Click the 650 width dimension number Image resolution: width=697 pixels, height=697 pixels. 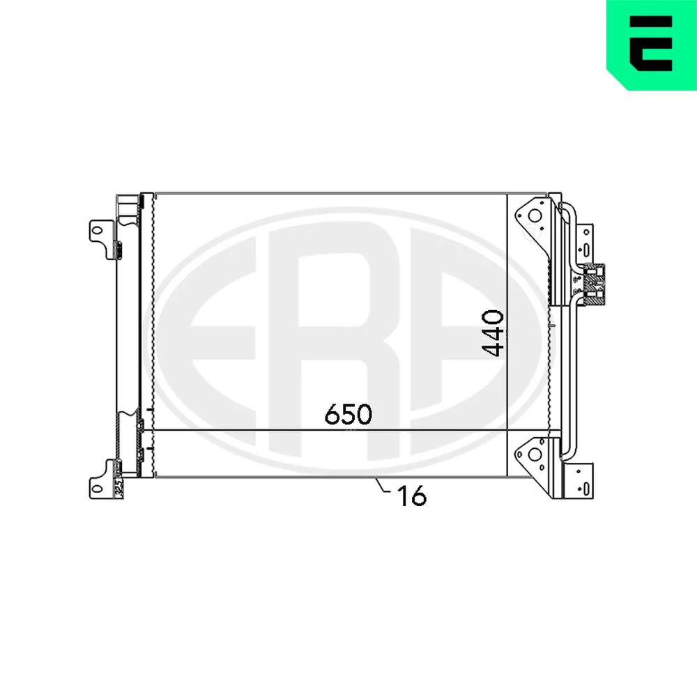coord(348,414)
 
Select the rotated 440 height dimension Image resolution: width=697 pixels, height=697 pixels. coord(493,333)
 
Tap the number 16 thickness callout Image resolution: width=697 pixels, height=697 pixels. coord(412,496)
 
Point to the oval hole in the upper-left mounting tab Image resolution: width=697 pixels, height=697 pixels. coord(96,231)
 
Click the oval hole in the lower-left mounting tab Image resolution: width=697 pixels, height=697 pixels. coord(96,489)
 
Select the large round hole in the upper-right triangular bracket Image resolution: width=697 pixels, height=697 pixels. coord(535,216)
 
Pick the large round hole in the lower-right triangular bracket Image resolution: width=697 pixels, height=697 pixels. coord(535,454)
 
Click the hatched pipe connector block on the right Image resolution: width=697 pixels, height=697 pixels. coord(595,284)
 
